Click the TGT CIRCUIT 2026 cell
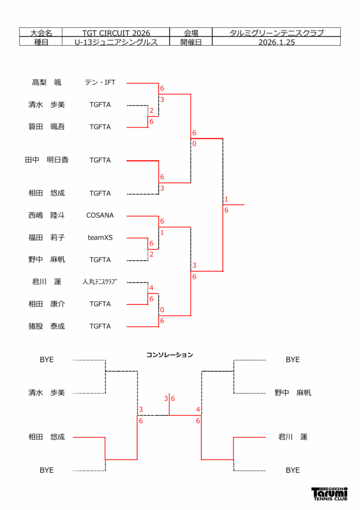116,33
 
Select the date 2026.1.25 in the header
277,42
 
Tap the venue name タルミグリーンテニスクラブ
277,33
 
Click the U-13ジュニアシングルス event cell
116,42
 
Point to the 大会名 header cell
41,33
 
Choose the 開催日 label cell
191,42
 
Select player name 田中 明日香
47,160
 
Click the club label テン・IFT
100,83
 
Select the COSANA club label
100,216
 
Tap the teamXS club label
100,238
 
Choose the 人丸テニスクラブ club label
100,282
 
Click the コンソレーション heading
169,355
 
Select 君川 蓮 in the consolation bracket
293,437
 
